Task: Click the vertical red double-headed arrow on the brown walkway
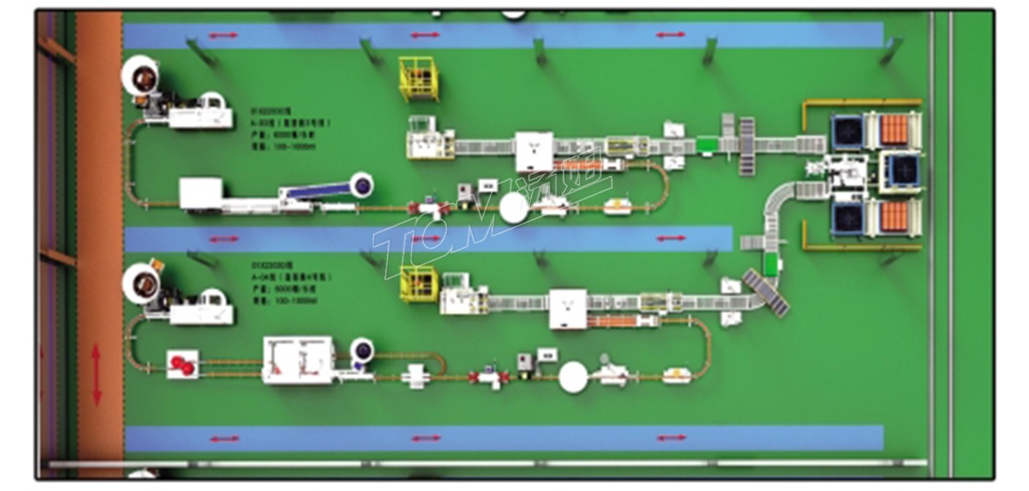pos(97,374)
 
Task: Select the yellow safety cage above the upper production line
pos(418,79)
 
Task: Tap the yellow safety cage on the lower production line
pos(418,284)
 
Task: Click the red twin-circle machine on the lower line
pos(182,364)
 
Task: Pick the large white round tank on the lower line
pos(573,377)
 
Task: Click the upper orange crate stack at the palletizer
pos(894,130)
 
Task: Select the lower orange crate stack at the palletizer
pos(894,217)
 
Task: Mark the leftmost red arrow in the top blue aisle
pos(223,34)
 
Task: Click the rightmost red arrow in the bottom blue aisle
pos(671,438)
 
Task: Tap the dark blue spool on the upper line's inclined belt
pos(361,186)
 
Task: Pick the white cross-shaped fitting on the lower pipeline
pos(416,376)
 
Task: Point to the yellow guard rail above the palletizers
pos(861,103)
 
